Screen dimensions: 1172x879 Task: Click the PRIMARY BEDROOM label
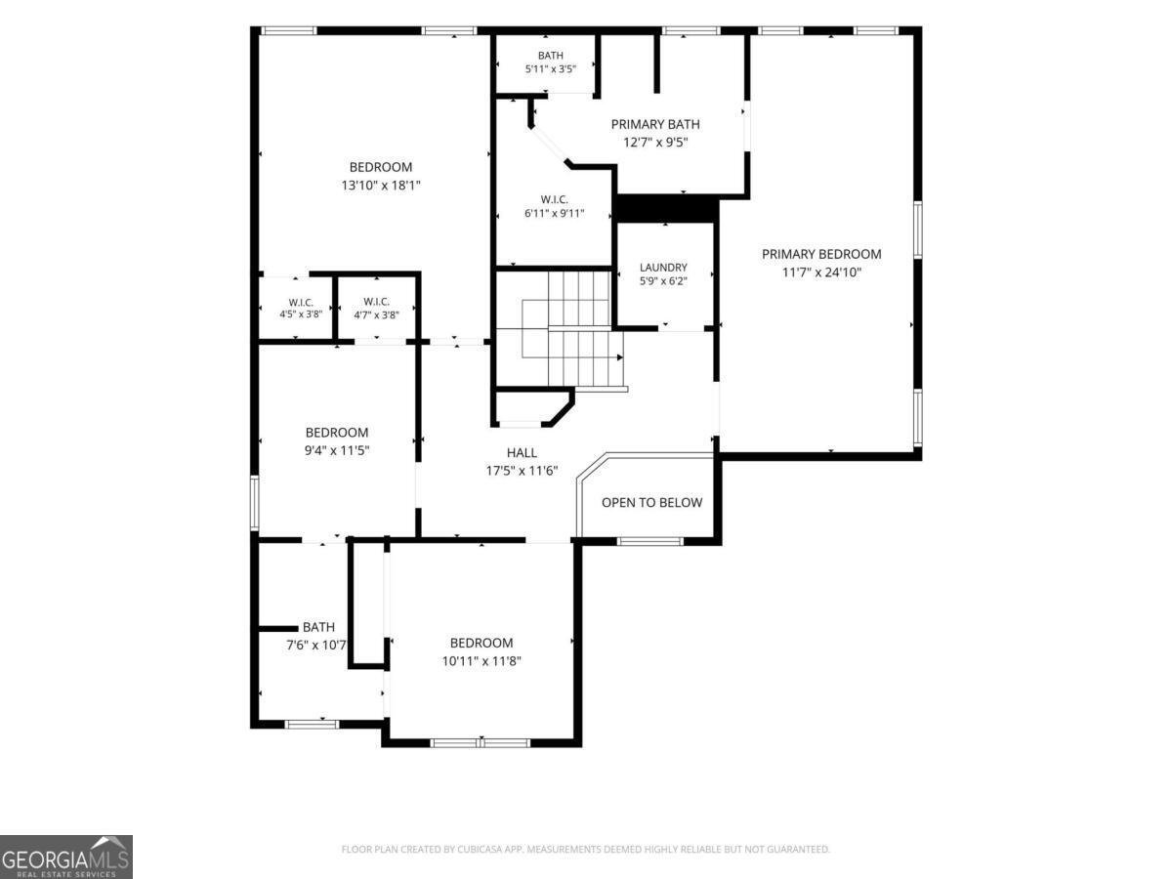(x=821, y=255)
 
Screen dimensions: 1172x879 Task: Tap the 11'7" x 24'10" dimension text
(x=821, y=272)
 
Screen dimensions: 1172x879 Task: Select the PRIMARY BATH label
(x=655, y=124)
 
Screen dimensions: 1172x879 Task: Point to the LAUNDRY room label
(x=663, y=268)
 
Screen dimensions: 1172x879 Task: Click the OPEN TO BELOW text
(x=651, y=502)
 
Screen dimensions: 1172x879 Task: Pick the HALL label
(x=522, y=452)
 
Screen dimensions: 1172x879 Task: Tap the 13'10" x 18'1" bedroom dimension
(x=381, y=186)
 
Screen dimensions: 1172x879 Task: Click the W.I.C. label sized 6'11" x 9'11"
(x=554, y=199)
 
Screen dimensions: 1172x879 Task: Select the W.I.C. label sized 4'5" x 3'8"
(x=301, y=303)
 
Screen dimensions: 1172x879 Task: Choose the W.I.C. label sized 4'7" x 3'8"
(x=376, y=302)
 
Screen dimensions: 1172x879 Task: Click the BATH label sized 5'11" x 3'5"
(x=551, y=56)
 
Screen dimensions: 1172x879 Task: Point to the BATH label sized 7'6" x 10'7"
(x=318, y=627)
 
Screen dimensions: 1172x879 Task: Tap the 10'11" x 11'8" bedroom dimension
(x=481, y=661)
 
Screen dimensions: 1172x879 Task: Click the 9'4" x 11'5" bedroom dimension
(x=337, y=450)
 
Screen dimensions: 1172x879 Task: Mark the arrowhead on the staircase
(x=620, y=357)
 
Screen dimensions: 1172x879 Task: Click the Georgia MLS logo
(x=65, y=857)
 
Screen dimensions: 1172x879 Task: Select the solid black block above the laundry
(x=665, y=209)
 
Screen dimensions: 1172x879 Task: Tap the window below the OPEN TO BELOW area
(x=649, y=541)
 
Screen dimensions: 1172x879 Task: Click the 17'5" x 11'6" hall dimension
(x=522, y=471)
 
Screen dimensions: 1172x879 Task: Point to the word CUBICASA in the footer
(x=479, y=849)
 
